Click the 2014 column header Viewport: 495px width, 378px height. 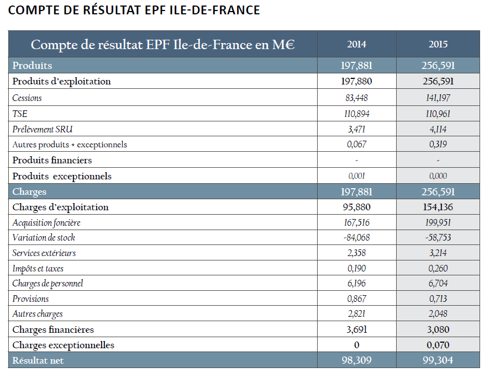tap(356, 44)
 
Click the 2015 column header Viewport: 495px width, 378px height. tap(438, 44)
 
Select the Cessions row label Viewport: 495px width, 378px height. tap(27, 98)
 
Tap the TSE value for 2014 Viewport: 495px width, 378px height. tap(356, 114)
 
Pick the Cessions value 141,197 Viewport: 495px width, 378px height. tap(438, 98)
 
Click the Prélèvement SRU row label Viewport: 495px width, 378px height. tap(43, 129)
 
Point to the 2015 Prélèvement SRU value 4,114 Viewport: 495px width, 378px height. tap(438, 129)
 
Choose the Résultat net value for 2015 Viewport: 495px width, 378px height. tap(438, 360)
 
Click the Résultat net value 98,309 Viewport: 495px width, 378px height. tap(356, 360)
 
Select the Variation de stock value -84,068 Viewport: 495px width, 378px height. tap(356, 237)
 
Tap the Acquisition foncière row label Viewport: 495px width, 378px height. tap(46, 222)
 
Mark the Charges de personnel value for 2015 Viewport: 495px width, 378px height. tap(438, 283)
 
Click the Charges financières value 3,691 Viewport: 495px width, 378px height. tap(356, 329)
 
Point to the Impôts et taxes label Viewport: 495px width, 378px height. tap(38, 269)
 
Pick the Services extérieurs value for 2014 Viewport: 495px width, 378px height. tap(356, 253)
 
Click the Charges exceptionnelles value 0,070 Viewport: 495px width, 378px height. tap(438, 345)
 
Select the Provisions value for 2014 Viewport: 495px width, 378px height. tap(356, 299)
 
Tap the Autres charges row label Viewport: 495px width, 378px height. tap(38, 314)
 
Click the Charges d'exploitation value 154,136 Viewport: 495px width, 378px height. tap(438, 207)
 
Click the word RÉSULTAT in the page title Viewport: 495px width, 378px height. tap(112, 9)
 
